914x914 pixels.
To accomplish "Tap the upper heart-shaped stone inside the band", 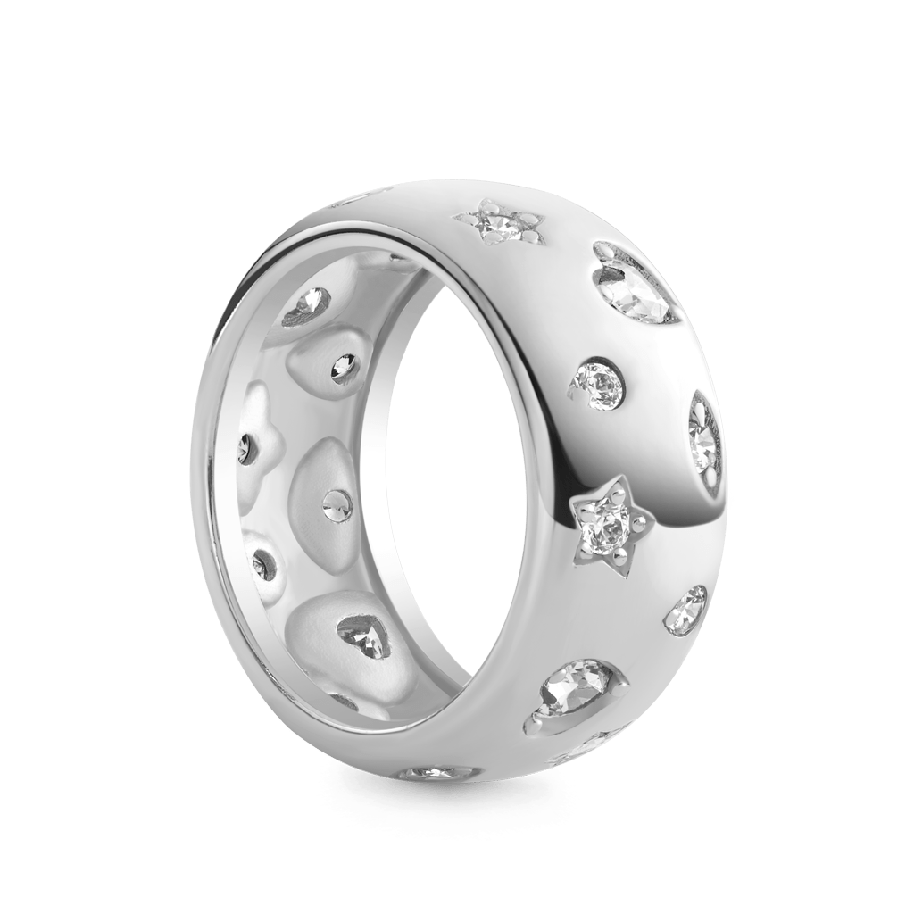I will click(x=309, y=309).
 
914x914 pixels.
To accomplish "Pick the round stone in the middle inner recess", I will click(x=337, y=504).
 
